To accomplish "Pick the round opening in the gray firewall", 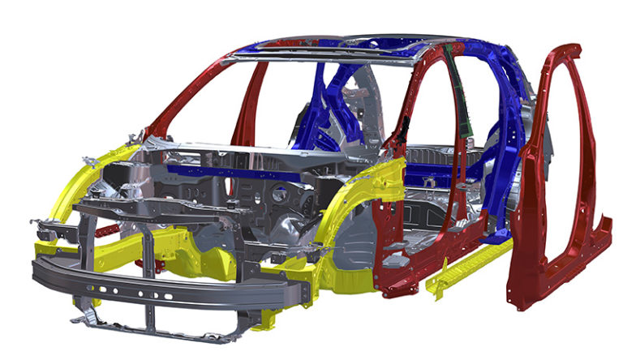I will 281,195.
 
